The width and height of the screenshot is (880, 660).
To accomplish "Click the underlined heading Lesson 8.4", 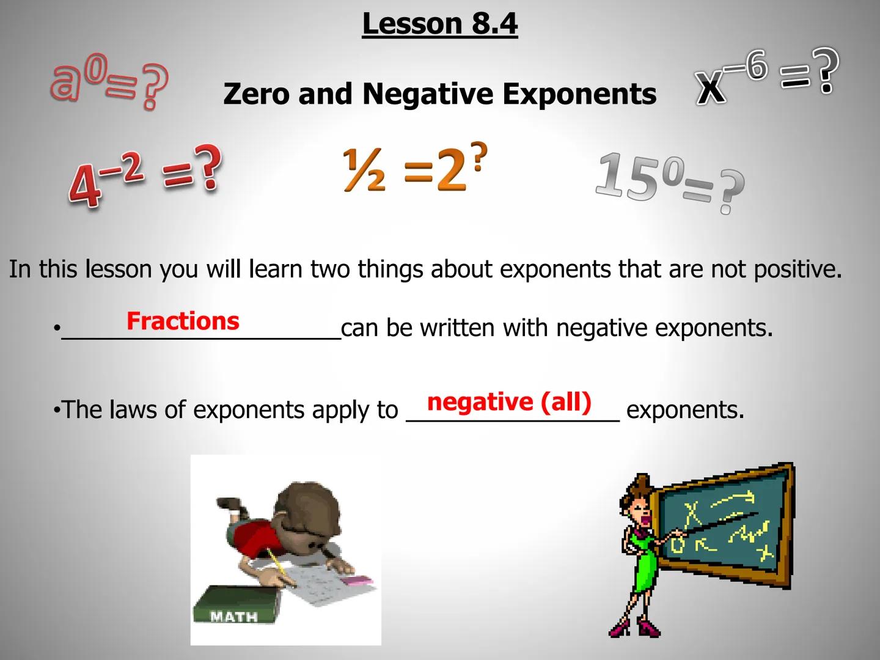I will [x=439, y=24].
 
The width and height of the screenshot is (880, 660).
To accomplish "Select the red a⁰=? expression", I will [x=109, y=82].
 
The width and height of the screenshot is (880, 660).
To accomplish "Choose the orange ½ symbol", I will [x=364, y=170].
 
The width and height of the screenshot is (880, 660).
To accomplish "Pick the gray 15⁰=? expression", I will [x=670, y=180].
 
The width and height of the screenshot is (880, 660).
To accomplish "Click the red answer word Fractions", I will [x=183, y=321].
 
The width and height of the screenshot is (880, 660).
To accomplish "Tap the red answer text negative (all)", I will [x=509, y=402].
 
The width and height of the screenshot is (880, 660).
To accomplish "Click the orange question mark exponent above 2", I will [x=479, y=155].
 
